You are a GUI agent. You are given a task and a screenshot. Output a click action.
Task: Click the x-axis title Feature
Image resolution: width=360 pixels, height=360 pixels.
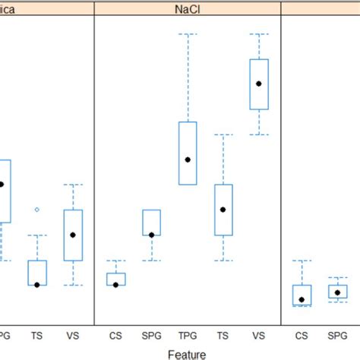(x=187, y=352)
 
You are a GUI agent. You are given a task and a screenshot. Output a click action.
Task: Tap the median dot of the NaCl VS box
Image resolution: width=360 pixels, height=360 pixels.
(x=259, y=84)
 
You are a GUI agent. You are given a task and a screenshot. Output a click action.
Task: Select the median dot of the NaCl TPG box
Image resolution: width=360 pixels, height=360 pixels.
(x=188, y=159)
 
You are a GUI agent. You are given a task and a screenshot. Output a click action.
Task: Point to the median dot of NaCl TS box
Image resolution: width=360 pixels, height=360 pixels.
(x=223, y=210)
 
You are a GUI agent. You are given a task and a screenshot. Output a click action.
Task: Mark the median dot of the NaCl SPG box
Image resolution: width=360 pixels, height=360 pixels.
(x=151, y=235)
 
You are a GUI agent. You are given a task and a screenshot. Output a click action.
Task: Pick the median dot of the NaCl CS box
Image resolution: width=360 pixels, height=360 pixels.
(x=115, y=285)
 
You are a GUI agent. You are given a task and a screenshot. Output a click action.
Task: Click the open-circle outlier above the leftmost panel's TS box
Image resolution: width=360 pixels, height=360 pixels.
(x=36, y=210)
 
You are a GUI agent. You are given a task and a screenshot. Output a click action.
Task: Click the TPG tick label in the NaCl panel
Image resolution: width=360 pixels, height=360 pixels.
(x=188, y=334)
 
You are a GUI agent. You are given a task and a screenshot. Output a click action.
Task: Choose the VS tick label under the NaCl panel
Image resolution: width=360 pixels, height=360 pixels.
(x=259, y=334)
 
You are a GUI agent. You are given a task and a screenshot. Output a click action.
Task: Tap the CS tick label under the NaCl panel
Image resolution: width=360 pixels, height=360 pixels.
(x=115, y=334)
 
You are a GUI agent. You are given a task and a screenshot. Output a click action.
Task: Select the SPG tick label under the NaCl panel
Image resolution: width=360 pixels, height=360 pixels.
(x=151, y=334)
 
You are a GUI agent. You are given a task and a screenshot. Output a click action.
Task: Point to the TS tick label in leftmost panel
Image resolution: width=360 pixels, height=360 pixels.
(x=36, y=334)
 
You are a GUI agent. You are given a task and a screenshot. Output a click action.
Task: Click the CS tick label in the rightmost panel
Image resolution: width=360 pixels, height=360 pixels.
(x=302, y=334)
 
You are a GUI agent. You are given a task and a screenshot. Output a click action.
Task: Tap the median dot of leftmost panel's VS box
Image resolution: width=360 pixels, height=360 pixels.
(x=73, y=235)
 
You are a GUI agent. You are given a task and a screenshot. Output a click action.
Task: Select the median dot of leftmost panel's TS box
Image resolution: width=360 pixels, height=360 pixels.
(x=36, y=285)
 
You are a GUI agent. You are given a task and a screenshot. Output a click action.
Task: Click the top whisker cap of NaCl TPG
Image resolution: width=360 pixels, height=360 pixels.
(x=188, y=34)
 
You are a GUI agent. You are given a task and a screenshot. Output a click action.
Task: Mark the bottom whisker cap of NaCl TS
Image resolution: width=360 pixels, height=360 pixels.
(x=223, y=261)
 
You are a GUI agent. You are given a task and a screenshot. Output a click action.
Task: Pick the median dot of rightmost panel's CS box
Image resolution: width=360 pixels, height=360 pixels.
(x=302, y=300)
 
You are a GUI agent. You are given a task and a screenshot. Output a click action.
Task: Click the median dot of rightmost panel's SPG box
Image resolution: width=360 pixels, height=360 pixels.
(x=337, y=292)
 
